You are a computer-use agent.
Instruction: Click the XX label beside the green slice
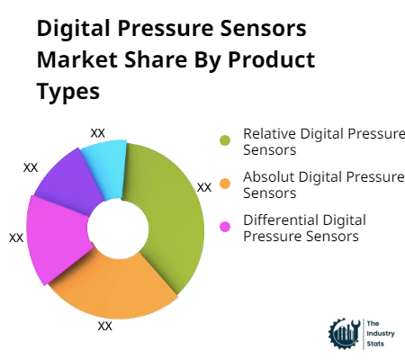(204, 187)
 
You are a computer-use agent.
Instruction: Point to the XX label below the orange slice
(105, 326)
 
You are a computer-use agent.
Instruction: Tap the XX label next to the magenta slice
(16, 238)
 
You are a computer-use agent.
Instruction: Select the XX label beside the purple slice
(31, 167)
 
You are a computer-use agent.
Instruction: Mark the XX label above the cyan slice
(98, 132)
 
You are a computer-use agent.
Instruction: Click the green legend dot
(225, 140)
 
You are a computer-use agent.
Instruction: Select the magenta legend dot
(225, 226)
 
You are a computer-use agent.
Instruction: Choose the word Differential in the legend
(275, 220)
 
